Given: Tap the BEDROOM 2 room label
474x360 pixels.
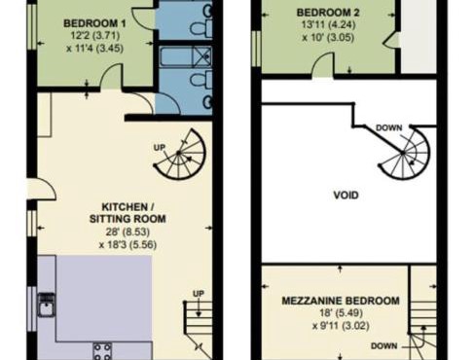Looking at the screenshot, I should tap(325, 13).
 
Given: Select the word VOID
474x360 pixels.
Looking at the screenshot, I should tap(345, 195).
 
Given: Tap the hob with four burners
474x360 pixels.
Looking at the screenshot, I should tap(102, 348).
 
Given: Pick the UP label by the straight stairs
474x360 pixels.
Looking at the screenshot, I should tap(199, 293).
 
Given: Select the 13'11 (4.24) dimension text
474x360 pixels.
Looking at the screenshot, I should tap(325, 26).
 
